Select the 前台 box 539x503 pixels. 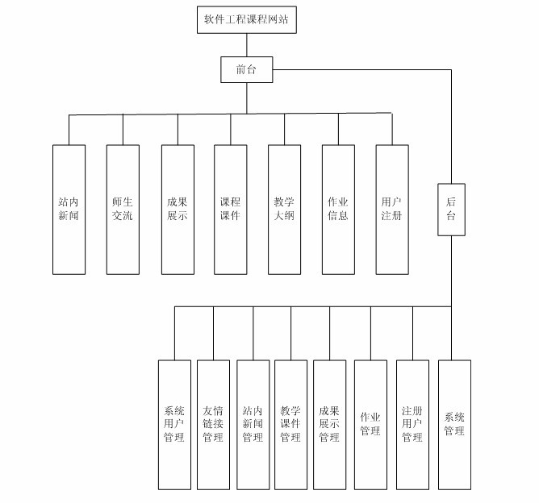pos(247,69)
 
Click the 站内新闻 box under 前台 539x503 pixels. pos(69,209)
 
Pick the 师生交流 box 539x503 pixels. pos(123,209)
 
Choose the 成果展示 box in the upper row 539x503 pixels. pos(177,209)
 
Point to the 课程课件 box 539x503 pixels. pos(231,209)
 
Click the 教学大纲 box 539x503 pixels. pos(284,209)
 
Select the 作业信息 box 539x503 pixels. pos(338,209)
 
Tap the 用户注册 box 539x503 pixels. pos(392,209)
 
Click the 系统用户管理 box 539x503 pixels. pos(174,425)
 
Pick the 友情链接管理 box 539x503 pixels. pos(213,425)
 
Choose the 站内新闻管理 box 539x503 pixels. pos(253,425)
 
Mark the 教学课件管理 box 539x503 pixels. pos(290,425)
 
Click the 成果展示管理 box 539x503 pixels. pos(329,425)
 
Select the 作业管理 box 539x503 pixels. pos(370,425)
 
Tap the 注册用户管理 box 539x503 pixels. pos(412,425)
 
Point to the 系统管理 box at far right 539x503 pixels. pos(454,425)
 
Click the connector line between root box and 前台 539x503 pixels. pos(247,45)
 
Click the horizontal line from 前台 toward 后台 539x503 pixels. pos(363,70)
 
